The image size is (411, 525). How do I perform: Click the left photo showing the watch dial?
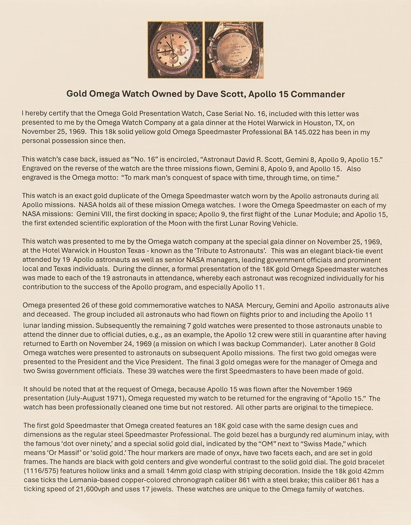coord(175,50)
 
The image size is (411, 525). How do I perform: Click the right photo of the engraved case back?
coord(234,50)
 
